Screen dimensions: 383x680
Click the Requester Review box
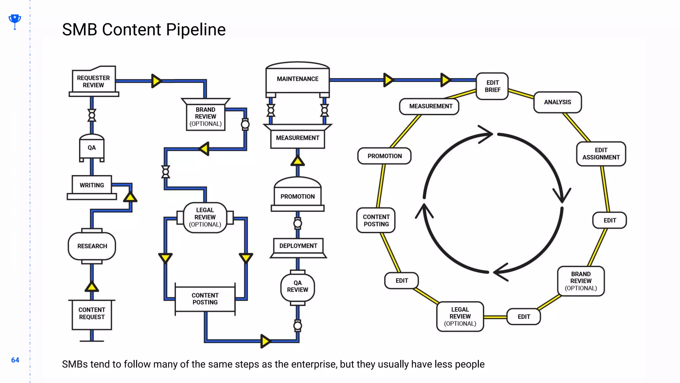pyautogui.click(x=93, y=81)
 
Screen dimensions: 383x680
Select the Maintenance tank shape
pyautogui.click(x=297, y=79)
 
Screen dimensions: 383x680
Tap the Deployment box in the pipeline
pyautogui.click(x=298, y=246)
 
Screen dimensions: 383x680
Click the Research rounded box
pyautogui.click(x=92, y=246)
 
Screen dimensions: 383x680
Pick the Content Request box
pyautogui.click(x=92, y=314)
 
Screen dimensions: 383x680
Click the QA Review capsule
pyautogui.click(x=297, y=286)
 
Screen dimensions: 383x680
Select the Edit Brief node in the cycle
pyautogui.click(x=492, y=86)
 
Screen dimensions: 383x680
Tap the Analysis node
pyautogui.click(x=557, y=102)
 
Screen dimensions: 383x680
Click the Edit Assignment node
pyautogui.click(x=601, y=154)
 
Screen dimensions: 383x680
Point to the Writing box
pyautogui.click(x=92, y=185)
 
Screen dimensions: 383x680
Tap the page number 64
pyautogui.click(x=15, y=360)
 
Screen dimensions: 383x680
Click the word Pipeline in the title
pyautogui.click(x=196, y=30)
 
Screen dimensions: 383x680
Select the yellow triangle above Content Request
pyautogui.click(x=92, y=287)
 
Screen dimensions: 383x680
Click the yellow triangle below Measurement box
pyautogui.click(x=297, y=161)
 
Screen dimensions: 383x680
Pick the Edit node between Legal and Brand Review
pyautogui.click(x=523, y=317)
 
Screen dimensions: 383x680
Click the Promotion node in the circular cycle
pyautogui.click(x=384, y=156)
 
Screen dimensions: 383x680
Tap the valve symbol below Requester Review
pyautogui.click(x=92, y=115)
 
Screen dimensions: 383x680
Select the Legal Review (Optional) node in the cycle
pyautogui.click(x=460, y=317)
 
